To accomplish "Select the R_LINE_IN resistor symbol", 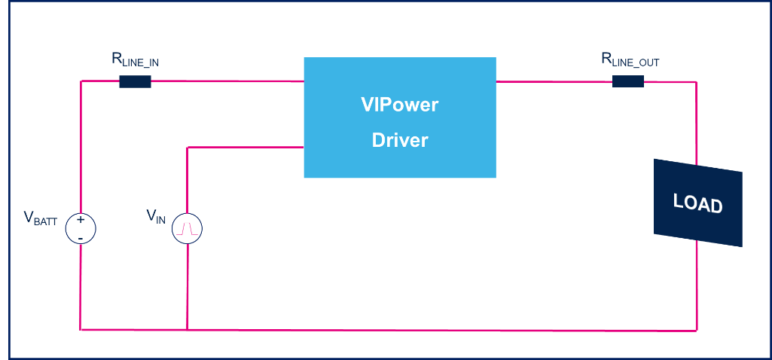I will pyautogui.click(x=135, y=81).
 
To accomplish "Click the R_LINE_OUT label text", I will pyautogui.click(x=630, y=60).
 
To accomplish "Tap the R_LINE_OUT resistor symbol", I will pyautogui.click(x=627, y=81).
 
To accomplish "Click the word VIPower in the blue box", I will pyautogui.click(x=399, y=105).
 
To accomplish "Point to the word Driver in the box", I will pyautogui.click(x=399, y=140).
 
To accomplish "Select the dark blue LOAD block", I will pyautogui.click(x=697, y=203).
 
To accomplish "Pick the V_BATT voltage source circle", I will pyautogui.click(x=81, y=228).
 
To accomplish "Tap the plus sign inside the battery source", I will pyautogui.click(x=81, y=220).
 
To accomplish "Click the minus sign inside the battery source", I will pyautogui.click(x=81, y=237).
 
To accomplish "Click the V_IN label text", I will pyautogui.click(x=156, y=216).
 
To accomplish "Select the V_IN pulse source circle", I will pyautogui.click(x=187, y=228).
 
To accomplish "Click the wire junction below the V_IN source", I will pyautogui.click(x=187, y=329).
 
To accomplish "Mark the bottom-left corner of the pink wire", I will pyautogui.click(x=81, y=329).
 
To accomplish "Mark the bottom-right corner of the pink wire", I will pyautogui.click(x=697, y=329).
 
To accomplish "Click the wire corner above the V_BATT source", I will pyautogui.click(x=81, y=81).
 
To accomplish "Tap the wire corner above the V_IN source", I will pyautogui.click(x=187, y=148).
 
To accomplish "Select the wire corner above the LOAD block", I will pyautogui.click(x=697, y=81).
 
